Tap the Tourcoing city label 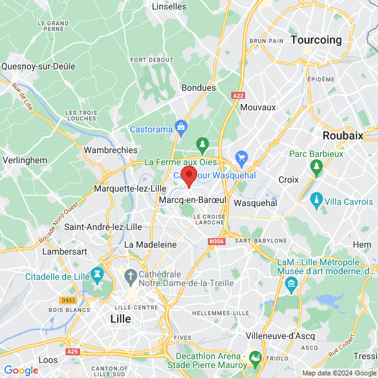tap(316, 40)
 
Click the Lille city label tap(120, 319)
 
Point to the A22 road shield tap(238, 96)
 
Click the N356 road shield tap(215, 240)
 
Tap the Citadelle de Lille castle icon tap(97, 275)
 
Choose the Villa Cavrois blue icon tap(316, 202)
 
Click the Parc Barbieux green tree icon tap(316, 167)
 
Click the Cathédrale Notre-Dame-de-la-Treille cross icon tap(130, 275)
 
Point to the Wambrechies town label tap(110, 151)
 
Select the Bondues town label tap(198, 88)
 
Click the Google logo tap(21, 370)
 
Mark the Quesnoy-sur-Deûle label tap(38, 66)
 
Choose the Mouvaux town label tap(258, 107)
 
